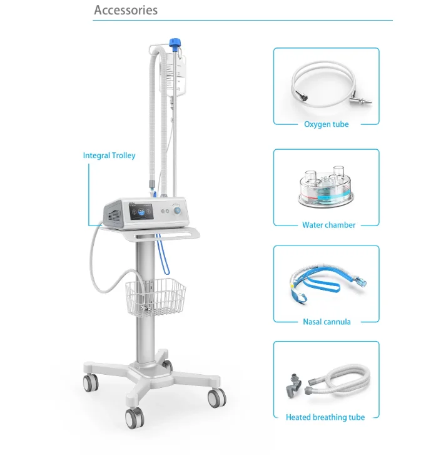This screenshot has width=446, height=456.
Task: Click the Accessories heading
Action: click(126, 11)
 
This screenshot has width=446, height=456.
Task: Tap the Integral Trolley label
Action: click(109, 156)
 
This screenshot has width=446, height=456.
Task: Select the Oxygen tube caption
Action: click(326, 124)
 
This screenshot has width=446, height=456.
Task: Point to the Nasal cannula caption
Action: click(327, 322)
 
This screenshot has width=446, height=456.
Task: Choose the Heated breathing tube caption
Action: click(325, 417)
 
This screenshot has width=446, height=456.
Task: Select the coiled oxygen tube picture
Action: click(319, 84)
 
